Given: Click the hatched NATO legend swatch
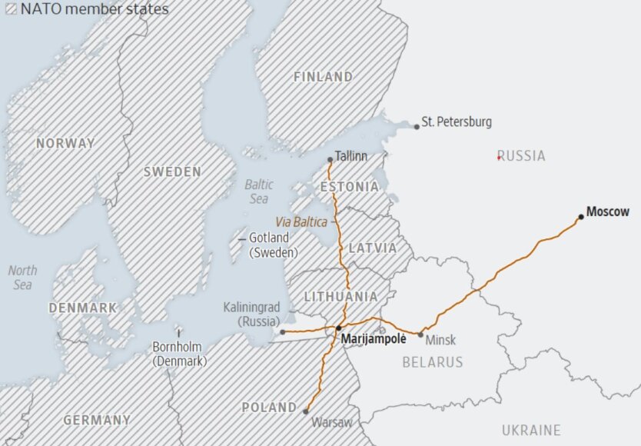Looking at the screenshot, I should tap(12, 10).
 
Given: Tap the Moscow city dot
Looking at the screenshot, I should tap(581, 217).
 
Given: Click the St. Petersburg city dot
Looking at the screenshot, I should tap(417, 126).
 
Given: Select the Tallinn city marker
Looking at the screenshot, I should tap(330, 160).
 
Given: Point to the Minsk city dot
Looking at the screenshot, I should tap(420, 334).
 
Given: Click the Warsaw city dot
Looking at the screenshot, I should tap(306, 411).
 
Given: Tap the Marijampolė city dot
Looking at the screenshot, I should tap(338, 328).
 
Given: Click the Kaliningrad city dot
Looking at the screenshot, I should tap(282, 332).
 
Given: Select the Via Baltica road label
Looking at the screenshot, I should tap(301, 221).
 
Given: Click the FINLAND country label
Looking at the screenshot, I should tap(323, 77).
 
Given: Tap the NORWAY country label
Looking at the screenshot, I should tap(65, 143).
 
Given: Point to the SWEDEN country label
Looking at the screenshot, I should tap(172, 172).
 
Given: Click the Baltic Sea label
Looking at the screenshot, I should tap(259, 191).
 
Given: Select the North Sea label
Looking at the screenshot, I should tap(22, 278).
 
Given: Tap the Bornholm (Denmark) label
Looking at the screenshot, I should tap(179, 354).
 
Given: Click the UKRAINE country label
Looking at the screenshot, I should tap(531, 430).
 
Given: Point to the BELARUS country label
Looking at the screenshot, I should tap(433, 361).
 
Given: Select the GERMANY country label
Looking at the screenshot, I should tap(97, 420).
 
